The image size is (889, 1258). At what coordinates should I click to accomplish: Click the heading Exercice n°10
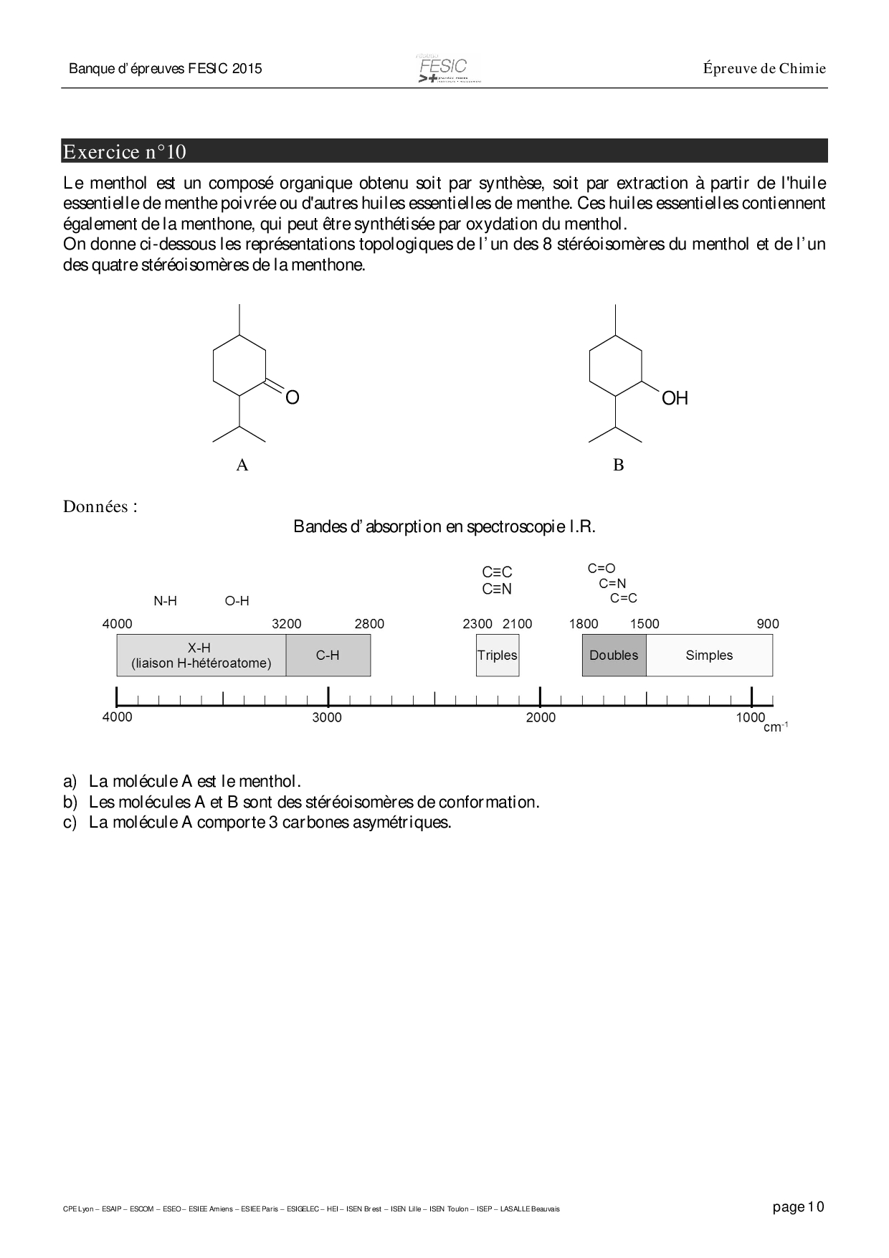point(125,152)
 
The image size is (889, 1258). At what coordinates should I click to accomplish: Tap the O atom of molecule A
point(292,397)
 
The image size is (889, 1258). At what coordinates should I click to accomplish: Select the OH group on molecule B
point(674,398)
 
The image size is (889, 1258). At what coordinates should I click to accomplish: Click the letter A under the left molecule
point(242,465)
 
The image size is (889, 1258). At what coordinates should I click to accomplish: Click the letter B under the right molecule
point(618,465)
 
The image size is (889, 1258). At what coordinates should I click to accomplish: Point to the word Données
point(100,507)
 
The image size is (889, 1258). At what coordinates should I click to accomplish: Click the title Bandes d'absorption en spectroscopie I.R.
point(444,526)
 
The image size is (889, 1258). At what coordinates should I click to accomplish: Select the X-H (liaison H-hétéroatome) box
point(201,656)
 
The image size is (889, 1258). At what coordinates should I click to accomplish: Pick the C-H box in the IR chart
point(328,656)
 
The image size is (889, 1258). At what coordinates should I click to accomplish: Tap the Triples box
point(498,656)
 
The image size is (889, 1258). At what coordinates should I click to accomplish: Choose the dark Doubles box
point(614,656)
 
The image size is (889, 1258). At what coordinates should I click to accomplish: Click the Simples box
point(709,656)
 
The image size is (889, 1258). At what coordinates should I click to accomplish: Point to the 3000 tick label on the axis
point(327,717)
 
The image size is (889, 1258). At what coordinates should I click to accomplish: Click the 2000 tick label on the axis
point(541,717)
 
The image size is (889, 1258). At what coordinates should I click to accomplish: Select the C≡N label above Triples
point(498,590)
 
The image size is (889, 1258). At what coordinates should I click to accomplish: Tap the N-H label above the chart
point(166,601)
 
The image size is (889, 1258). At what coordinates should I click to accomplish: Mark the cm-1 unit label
point(775,727)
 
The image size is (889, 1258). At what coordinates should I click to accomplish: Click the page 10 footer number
point(799,1207)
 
